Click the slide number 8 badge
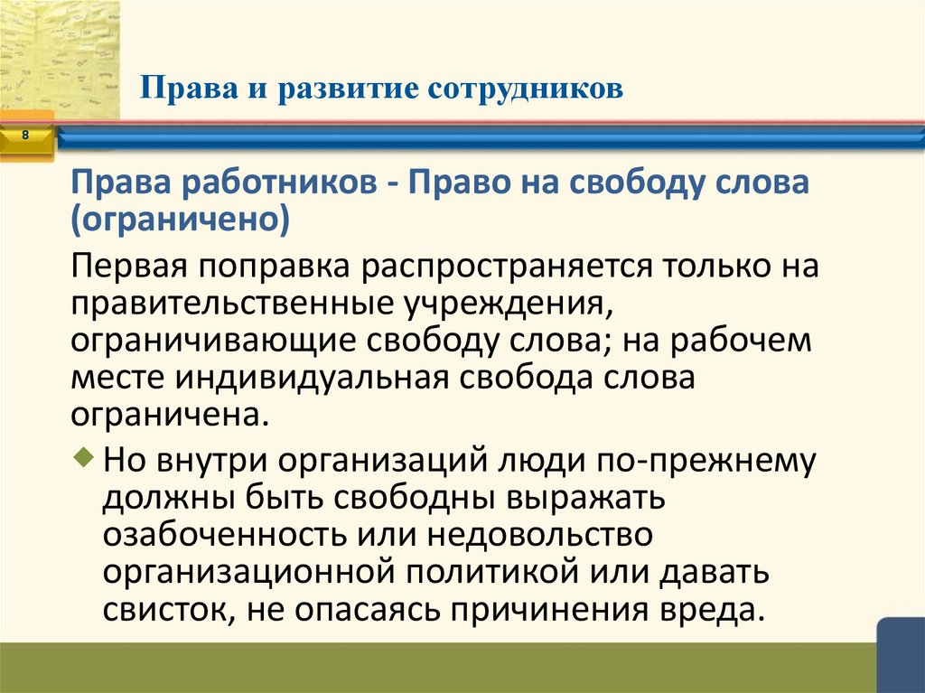point(25,136)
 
